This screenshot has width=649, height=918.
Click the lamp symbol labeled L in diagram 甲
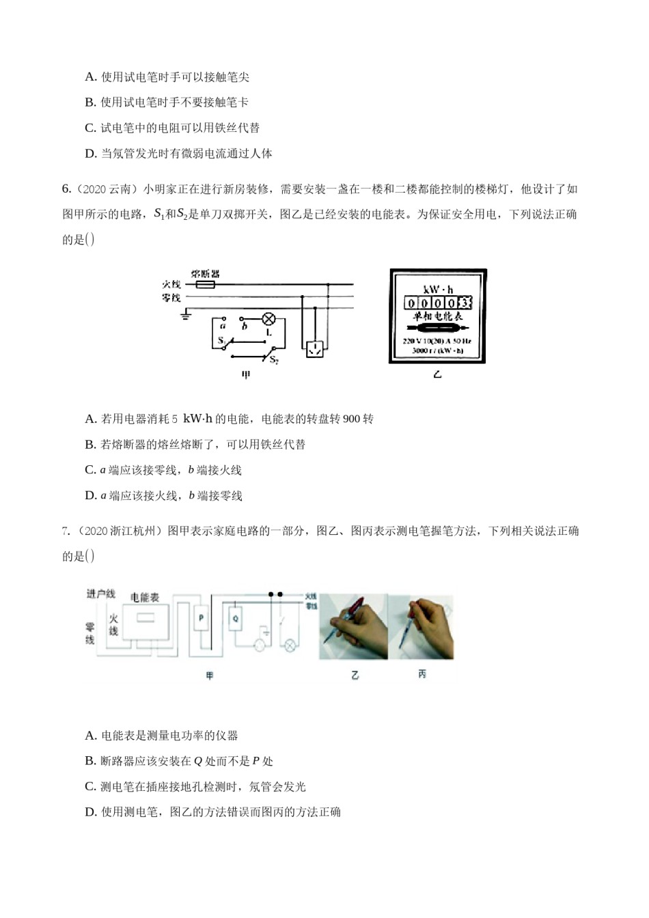(x=269, y=319)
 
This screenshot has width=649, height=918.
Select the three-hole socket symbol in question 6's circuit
(x=314, y=349)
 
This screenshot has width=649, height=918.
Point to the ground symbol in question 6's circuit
(x=185, y=315)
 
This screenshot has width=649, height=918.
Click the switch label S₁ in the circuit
(x=221, y=339)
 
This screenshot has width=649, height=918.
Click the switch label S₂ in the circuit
(x=274, y=360)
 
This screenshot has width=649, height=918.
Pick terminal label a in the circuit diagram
(x=223, y=326)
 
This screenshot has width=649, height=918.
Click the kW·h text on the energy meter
(x=438, y=289)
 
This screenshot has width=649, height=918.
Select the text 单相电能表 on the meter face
(x=438, y=316)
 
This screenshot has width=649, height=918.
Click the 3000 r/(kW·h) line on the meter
(x=438, y=350)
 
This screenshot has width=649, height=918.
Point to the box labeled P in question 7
(x=202, y=619)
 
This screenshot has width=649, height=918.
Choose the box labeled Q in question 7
(x=236, y=619)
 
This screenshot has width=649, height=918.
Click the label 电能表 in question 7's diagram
(x=145, y=597)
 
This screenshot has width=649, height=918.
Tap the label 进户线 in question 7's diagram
(x=101, y=594)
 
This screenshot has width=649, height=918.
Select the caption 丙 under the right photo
(x=422, y=674)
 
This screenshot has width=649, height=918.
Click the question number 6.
(x=66, y=189)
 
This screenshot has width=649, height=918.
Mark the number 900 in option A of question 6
(x=351, y=419)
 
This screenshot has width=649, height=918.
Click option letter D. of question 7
(x=90, y=812)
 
